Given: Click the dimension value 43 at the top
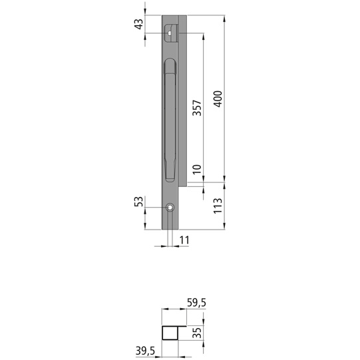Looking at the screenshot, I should pos(138,24).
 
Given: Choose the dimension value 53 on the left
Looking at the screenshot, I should pos(138,201).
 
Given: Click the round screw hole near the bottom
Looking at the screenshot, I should pos(170,208).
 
